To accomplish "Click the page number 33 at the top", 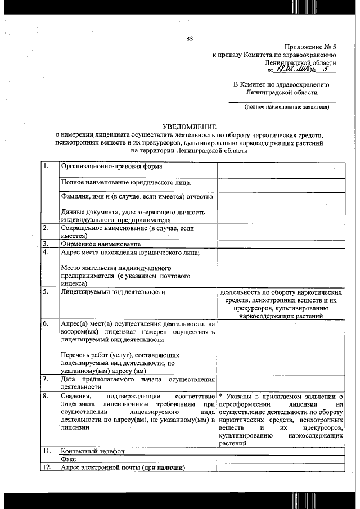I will [190, 38].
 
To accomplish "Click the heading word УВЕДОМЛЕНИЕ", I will [189, 128].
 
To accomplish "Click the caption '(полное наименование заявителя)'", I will [286, 107].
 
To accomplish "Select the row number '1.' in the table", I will [46, 166].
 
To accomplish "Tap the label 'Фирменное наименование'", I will [101, 244].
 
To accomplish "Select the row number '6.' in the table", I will [46, 324].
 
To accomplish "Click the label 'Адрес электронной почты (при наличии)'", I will [123, 467].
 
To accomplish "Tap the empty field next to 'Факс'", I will [281, 459].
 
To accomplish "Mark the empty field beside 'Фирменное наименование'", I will [281, 244].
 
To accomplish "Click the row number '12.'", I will [48, 467].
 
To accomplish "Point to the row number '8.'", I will [46, 397].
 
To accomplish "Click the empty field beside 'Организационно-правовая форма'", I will [281, 170].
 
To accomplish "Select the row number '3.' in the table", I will [46, 244].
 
